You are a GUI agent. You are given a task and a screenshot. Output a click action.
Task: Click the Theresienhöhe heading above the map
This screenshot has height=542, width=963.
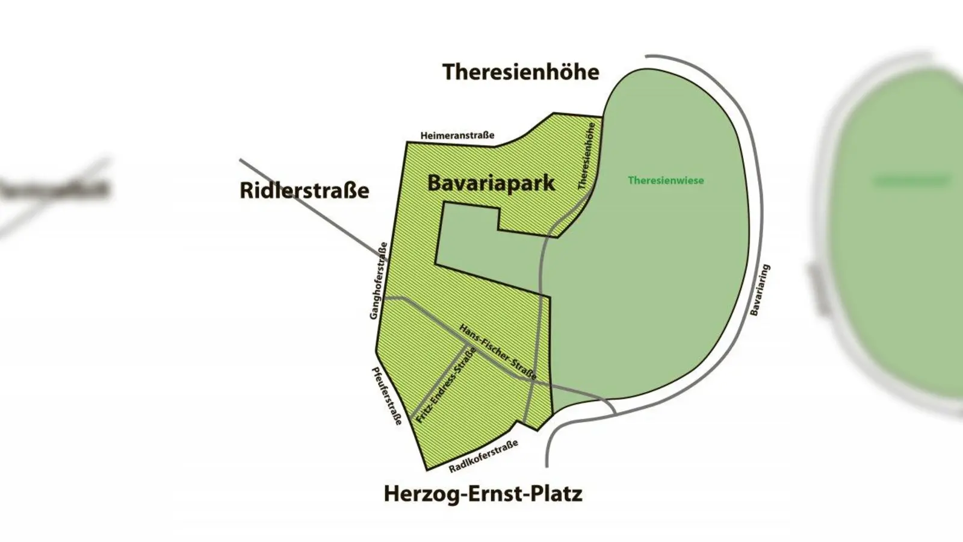(521, 72)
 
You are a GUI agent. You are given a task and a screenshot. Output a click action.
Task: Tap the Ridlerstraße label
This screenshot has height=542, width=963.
(304, 190)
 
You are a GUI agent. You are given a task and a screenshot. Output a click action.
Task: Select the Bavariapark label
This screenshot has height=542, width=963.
(491, 183)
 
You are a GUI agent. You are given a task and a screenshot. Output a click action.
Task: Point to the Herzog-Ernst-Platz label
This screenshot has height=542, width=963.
(483, 494)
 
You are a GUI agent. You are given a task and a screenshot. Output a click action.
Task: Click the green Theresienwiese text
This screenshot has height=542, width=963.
(666, 180)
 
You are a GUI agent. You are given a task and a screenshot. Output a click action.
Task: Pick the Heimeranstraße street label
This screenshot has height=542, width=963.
(457, 135)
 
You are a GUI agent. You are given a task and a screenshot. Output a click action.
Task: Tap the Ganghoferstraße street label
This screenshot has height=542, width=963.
(379, 281)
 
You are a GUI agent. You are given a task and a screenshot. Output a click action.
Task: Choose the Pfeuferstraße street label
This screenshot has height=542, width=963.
(386, 396)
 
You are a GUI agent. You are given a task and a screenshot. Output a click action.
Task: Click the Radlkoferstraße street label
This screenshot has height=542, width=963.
(483, 456)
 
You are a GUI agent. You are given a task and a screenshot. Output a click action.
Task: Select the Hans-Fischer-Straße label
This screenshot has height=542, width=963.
(498, 352)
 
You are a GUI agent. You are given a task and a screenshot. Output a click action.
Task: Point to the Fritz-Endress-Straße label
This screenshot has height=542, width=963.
(446, 385)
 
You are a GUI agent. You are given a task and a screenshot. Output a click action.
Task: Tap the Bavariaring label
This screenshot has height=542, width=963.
(760, 290)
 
